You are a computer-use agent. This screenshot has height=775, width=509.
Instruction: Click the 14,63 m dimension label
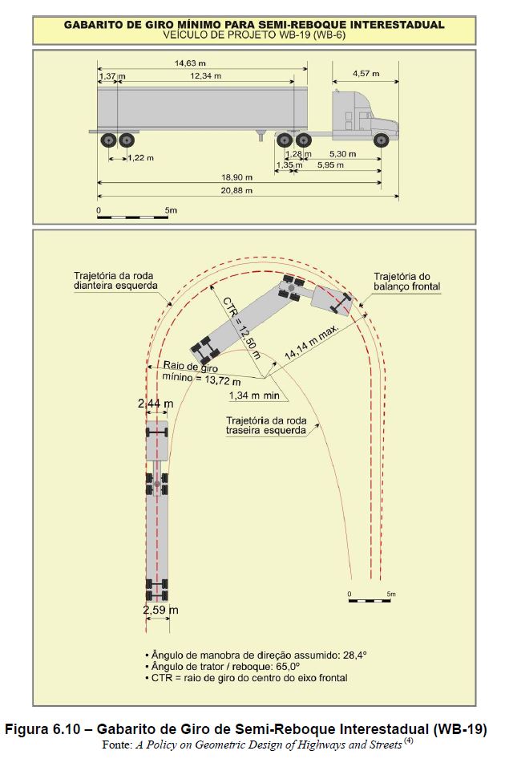190,63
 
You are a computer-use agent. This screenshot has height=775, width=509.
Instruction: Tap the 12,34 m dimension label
205,76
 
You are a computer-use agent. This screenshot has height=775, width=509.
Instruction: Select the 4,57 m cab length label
366,74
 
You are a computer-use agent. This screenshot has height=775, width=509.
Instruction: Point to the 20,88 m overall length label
236,190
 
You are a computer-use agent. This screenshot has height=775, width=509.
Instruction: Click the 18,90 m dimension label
236,177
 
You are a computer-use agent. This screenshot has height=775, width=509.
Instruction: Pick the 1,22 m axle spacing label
141,158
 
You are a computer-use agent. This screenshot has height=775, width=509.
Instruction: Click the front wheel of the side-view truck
381,140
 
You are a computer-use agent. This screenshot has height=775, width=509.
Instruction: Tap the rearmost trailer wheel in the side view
108,140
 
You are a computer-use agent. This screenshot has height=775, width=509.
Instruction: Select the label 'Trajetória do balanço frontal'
406,282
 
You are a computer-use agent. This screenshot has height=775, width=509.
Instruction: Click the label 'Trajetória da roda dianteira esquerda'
115,281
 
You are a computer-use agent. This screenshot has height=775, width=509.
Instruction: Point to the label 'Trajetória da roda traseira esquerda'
266,425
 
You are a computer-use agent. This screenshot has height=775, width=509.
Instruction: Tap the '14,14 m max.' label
312,342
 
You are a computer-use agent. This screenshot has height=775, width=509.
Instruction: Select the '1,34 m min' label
254,396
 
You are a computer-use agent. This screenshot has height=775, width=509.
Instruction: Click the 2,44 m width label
156,404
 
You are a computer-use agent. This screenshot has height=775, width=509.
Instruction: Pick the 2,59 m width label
161,610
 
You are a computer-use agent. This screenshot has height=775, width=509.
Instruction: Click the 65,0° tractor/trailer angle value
292,667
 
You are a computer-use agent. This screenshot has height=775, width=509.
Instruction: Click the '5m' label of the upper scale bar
171,210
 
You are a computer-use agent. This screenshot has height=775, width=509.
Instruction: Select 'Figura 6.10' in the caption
42,729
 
